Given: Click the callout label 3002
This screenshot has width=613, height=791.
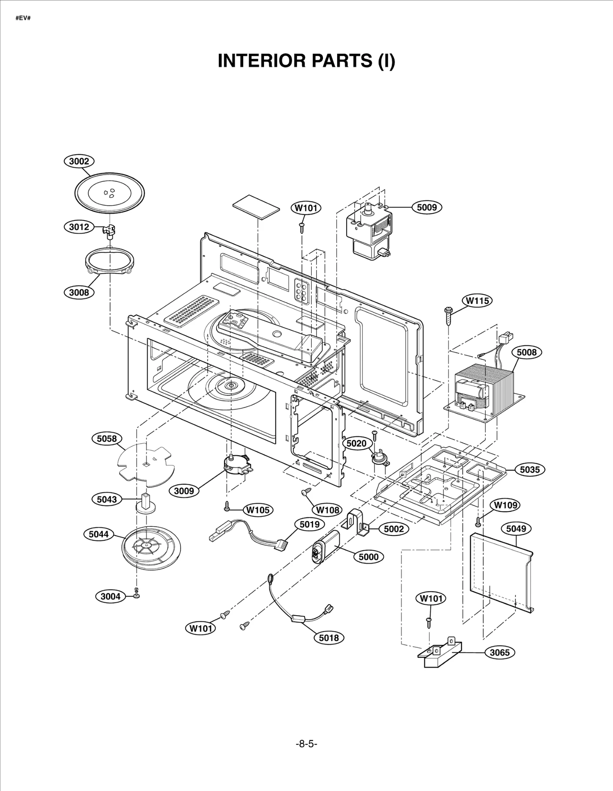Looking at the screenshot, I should pyautogui.click(x=79, y=161).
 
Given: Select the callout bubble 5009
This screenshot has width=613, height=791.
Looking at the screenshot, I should pyautogui.click(x=427, y=208).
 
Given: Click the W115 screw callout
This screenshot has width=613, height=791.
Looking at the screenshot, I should pyautogui.click(x=477, y=301).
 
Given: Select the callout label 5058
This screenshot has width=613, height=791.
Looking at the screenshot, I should pyautogui.click(x=107, y=438).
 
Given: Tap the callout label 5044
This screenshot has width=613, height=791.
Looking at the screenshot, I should pyautogui.click(x=98, y=534).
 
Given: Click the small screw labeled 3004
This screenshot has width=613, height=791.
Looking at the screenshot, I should pyautogui.click(x=136, y=593).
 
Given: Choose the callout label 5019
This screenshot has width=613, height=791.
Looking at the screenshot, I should pyautogui.click(x=309, y=524).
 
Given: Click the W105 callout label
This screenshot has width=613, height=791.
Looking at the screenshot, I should pyautogui.click(x=258, y=510).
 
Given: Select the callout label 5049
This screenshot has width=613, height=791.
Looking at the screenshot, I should pyautogui.click(x=516, y=529).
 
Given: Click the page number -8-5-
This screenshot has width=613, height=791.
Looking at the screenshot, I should pyautogui.click(x=306, y=744).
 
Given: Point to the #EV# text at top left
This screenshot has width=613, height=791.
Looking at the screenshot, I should pyautogui.click(x=23, y=18).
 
